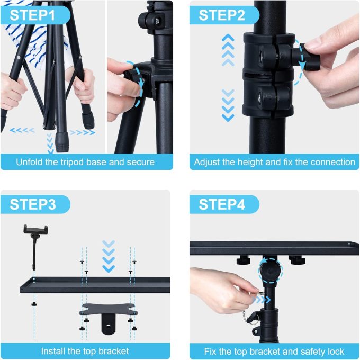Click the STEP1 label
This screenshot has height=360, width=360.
pyautogui.click(x=32, y=15)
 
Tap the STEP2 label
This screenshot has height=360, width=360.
pyautogui.click(x=222, y=15)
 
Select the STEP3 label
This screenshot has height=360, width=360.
pyautogui.click(x=33, y=204)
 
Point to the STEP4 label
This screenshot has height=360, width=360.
pyautogui.click(x=222, y=204)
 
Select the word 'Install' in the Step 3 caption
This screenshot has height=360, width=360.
pyautogui.click(x=55, y=351)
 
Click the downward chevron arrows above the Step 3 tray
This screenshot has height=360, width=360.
pyautogui.click(x=109, y=256)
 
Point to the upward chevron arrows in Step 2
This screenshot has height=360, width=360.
pyautogui.click(x=228, y=50)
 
